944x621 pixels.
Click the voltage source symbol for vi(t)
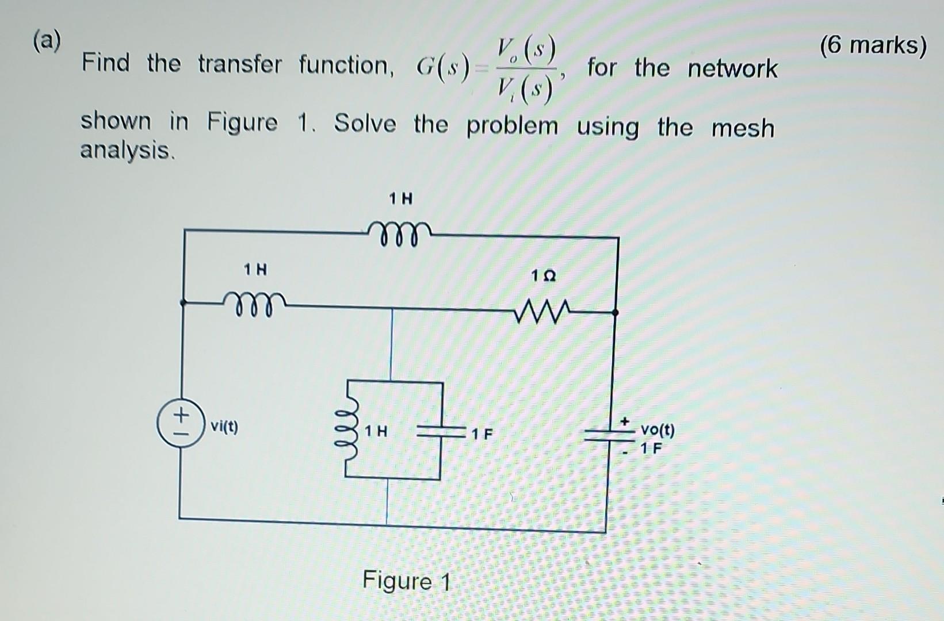click(181, 423)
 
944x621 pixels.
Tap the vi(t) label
click(224, 427)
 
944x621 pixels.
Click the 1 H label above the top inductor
click(400, 199)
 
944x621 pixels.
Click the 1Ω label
click(543, 276)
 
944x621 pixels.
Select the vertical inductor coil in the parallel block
click(348, 430)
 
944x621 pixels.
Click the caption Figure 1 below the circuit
click(406, 581)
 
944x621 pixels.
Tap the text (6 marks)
click(873, 45)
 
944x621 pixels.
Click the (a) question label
click(47, 41)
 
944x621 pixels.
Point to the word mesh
click(743, 128)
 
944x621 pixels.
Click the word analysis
click(126, 150)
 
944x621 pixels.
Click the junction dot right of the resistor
click(615, 313)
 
